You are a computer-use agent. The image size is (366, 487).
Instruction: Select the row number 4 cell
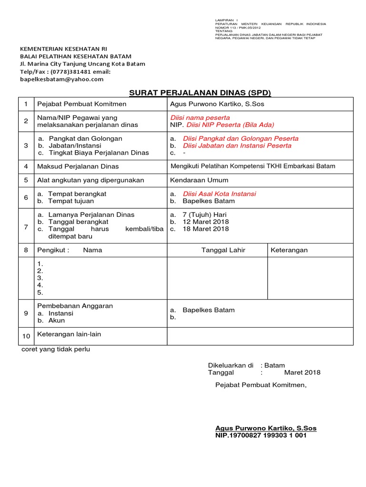(26, 166)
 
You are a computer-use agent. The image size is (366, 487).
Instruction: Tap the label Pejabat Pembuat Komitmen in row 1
(82, 104)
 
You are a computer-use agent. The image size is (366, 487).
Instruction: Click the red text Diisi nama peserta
(200, 117)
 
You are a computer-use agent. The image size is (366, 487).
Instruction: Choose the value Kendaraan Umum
(199, 180)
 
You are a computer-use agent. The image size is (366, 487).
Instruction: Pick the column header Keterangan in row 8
(289, 250)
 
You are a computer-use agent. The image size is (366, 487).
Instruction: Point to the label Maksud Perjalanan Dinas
(78, 166)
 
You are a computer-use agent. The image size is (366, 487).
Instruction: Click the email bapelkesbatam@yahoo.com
(61, 79)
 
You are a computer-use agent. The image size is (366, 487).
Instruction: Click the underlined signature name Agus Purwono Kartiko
(266, 428)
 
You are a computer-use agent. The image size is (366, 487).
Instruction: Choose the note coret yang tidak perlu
(56, 349)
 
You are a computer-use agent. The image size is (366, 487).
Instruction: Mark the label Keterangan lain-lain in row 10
(69, 334)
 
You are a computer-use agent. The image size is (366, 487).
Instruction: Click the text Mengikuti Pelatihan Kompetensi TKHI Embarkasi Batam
(253, 166)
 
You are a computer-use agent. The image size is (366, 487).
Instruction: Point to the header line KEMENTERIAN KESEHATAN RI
(63, 49)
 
